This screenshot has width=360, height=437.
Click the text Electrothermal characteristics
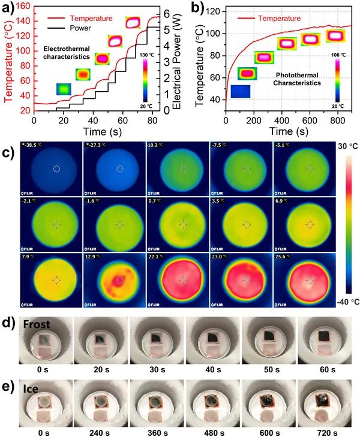click(67, 52)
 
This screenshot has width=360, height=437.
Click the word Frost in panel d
click(37, 324)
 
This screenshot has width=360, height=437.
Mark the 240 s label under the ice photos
click(97, 430)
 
